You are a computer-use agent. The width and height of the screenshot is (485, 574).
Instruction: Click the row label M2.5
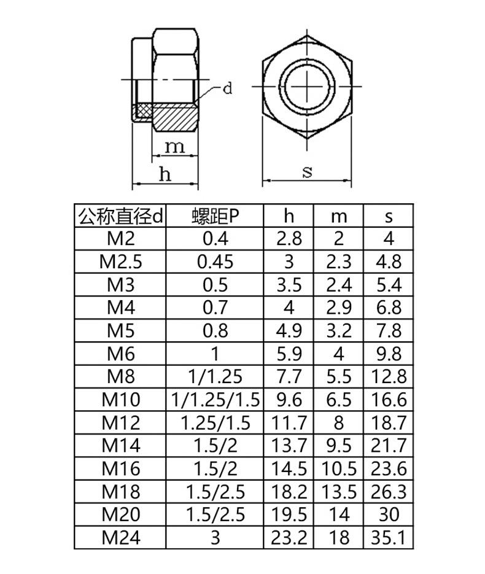pyautogui.click(x=120, y=262)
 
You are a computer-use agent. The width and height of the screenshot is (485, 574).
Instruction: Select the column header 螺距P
pyautogui.click(x=215, y=216)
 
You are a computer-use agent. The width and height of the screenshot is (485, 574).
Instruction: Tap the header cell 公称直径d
pyautogui.click(x=120, y=216)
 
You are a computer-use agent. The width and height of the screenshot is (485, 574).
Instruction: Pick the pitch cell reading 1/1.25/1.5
pyautogui.click(x=215, y=400)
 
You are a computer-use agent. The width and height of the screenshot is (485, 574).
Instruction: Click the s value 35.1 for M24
pyautogui.click(x=389, y=537)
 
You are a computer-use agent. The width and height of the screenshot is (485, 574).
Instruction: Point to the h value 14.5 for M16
pyautogui.click(x=289, y=468)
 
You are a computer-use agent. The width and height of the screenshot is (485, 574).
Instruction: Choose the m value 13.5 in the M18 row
pyautogui.click(x=339, y=492)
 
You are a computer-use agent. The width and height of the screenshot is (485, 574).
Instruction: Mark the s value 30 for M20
pyautogui.click(x=389, y=514)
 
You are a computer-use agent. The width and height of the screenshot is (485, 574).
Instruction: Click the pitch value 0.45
pyautogui.click(x=215, y=262)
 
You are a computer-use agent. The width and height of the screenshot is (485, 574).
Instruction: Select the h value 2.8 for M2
pyautogui.click(x=289, y=239)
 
